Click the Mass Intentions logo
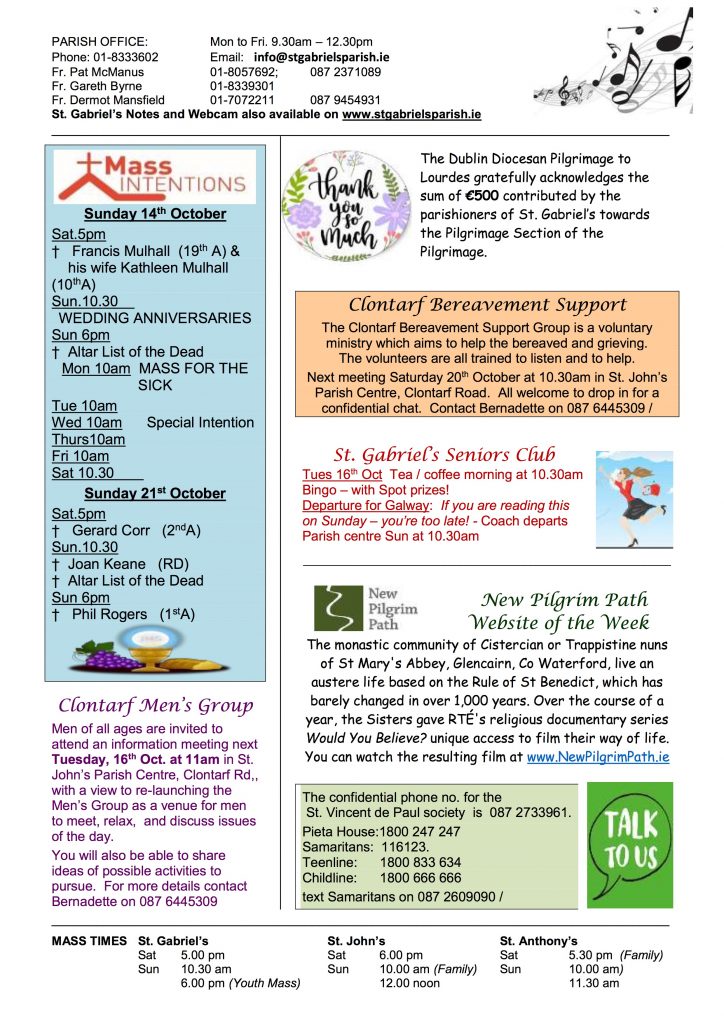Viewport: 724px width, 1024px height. [x=155, y=177]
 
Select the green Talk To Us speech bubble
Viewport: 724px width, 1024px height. [x=629, y=844]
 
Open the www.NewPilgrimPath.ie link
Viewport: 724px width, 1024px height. [x=597, y=757]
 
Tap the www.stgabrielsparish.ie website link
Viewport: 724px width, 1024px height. [x=411, y=115]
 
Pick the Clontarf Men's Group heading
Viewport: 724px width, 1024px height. [x=155, y=706]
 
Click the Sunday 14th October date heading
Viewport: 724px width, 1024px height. [x=155, y=214]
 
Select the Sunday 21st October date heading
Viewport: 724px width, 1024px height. [x=155, y=493]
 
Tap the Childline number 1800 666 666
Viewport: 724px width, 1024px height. [x=420, y=877]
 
